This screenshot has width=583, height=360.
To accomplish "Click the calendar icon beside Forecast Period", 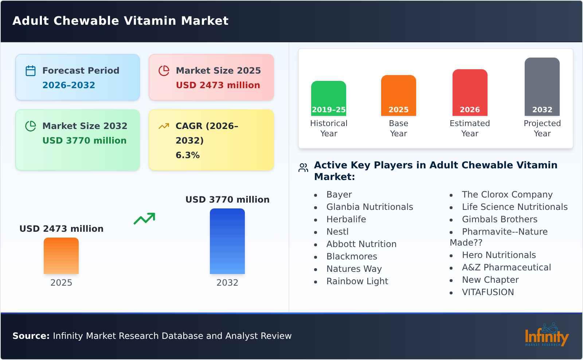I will (x=31, y=71).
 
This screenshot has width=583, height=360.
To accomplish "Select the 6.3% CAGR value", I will (x=187, y=155).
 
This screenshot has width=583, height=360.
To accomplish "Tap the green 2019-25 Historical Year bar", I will (x=328, y=98).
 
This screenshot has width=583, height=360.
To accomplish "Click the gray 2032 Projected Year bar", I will (x=542, y=87).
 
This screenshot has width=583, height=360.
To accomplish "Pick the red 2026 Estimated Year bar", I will (x=470, y=93).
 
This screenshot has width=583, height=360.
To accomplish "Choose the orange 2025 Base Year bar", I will (x=398, y=95).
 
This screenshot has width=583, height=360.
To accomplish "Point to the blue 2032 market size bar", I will (x=227, y=241).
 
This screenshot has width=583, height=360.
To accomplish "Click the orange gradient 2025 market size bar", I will (x=61, y=256).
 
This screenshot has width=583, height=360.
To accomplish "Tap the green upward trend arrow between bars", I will (x=144, y=219).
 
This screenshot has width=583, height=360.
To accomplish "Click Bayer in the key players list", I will (x=339, y=195).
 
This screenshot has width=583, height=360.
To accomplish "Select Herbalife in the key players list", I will (x=346, y=219).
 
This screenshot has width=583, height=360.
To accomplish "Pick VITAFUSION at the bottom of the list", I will (x=488, y=292).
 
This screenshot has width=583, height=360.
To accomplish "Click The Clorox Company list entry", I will (x=507, y=195).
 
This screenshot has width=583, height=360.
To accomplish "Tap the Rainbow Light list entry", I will (x=357, y=281).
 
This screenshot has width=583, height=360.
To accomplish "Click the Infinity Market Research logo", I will (x=546, y=335).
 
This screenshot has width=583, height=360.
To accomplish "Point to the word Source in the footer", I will (x=31, y=336).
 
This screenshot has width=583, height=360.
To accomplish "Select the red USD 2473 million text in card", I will (x=218, y=85).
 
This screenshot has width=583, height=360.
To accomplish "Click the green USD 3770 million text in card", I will (x=84, y=141).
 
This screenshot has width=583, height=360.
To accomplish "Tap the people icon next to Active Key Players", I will (x=303, y=168).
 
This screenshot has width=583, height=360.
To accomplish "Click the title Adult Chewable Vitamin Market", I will (x=120, y=21).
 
